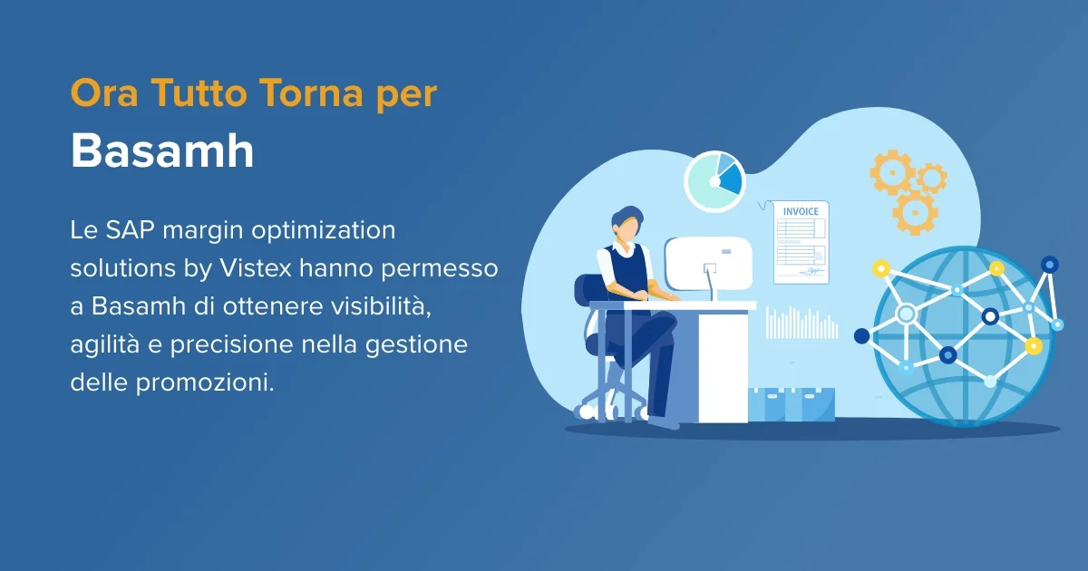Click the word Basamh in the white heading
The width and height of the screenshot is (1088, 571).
pos(162,151)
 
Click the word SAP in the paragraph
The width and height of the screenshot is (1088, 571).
pos(127,230)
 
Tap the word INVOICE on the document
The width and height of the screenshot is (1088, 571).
pos(801,211)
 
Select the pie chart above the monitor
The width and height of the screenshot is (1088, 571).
pos(714,181)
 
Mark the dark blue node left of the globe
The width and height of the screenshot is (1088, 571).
pos(861,336)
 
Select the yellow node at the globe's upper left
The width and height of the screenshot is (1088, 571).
pos(879,269)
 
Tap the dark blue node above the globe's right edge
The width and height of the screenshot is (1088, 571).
pos(1049,265)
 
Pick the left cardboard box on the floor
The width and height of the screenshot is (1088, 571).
pos(767,404)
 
